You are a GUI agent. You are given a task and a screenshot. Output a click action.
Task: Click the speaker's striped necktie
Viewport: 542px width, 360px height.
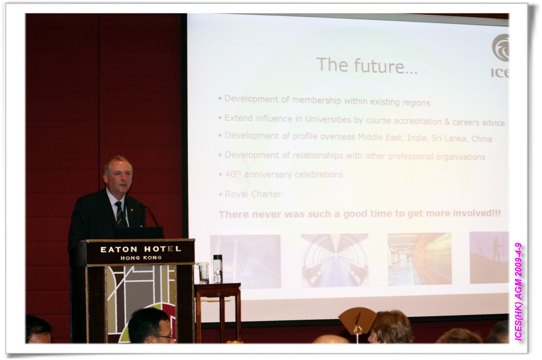(x=119, y=213)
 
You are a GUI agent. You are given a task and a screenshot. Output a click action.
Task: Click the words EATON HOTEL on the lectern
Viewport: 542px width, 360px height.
(x=141, y=249)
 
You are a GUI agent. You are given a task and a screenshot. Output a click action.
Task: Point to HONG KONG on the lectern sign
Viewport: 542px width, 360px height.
(x=141, y=258)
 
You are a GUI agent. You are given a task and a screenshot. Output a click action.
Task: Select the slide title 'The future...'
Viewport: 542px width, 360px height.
(x=367, y=66)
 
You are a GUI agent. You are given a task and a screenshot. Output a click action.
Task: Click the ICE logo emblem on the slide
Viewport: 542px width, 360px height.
(x=500, y=48)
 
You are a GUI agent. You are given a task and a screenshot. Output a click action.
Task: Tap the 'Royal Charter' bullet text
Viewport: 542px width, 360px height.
(x=253, y=194)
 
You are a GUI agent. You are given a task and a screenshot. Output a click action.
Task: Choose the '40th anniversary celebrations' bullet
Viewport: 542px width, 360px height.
(x=284, y=174)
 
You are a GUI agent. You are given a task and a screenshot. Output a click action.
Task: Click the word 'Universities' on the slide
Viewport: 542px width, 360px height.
(x=328, y=119)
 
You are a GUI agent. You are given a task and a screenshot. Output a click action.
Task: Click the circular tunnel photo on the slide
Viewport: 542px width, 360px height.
(x=335, y=260)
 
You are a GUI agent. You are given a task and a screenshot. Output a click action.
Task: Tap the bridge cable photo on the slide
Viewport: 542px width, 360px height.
(x=246, y=262)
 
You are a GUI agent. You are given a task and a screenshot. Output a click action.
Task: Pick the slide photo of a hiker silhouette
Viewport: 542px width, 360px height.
(x=489, y=258)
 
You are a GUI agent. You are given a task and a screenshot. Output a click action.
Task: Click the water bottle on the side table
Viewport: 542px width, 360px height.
(x=218, y=269)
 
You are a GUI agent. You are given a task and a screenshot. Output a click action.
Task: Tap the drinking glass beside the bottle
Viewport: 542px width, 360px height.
(x=203, y=273)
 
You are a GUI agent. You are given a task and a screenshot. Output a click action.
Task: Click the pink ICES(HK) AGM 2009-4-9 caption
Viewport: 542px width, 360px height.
(x=518, y=292)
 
